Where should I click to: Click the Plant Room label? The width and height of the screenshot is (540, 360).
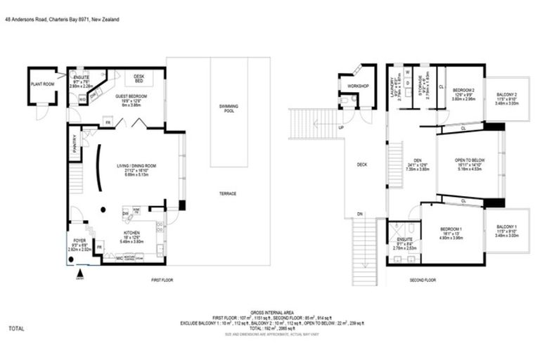tap(42, 84)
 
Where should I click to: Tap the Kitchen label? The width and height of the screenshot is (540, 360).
tap(131, 232)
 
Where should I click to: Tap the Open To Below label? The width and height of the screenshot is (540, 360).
tap(468, 160)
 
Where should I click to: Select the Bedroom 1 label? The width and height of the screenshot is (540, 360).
tap(451, 230)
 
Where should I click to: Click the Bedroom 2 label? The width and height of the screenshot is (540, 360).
tap(463, 90)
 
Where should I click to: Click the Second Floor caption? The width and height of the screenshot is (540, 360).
tap(423, 280)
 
